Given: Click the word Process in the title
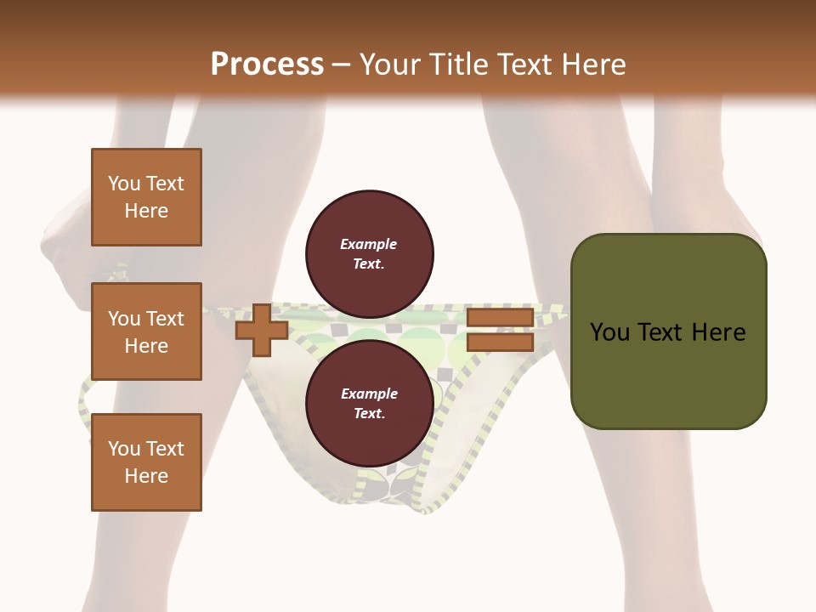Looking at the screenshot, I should point(267,65).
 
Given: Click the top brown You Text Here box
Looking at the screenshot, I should point(146,197).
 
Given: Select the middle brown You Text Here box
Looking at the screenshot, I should point(146,331).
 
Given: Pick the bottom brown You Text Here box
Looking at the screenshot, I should point(146,462).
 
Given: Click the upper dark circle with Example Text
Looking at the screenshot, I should point(369,253).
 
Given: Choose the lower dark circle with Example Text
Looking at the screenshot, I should point(369,403).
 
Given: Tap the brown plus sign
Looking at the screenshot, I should point(261,330).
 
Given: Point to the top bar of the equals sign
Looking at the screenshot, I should point(500,318).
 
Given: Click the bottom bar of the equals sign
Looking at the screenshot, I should point(500,343).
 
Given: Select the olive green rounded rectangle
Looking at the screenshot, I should point(668,331).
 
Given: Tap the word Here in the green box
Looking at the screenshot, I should point(718,332).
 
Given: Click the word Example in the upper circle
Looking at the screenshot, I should point(369,244).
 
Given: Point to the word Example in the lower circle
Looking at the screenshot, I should point(369,394).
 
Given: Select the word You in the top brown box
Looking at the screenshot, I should point(123,184).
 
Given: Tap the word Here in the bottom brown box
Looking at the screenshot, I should point(146,476).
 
